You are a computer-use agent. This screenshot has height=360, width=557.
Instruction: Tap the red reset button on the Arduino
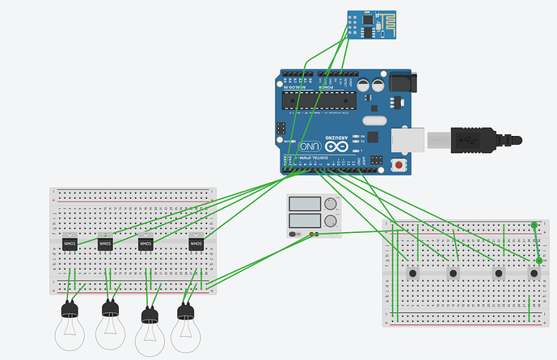[399, 166]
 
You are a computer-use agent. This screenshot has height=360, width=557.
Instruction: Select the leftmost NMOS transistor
[69, 243]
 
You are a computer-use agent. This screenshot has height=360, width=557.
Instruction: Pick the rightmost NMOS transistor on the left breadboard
[196, 243]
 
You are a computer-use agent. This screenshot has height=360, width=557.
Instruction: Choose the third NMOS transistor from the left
[146, 243]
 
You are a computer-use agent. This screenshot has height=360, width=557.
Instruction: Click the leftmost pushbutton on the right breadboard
[413, 273]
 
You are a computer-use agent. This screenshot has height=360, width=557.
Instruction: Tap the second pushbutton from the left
[453, 273]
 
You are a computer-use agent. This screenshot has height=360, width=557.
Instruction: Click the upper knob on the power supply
[331, 203]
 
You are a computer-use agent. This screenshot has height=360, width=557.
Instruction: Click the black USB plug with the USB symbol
[470, 139]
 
